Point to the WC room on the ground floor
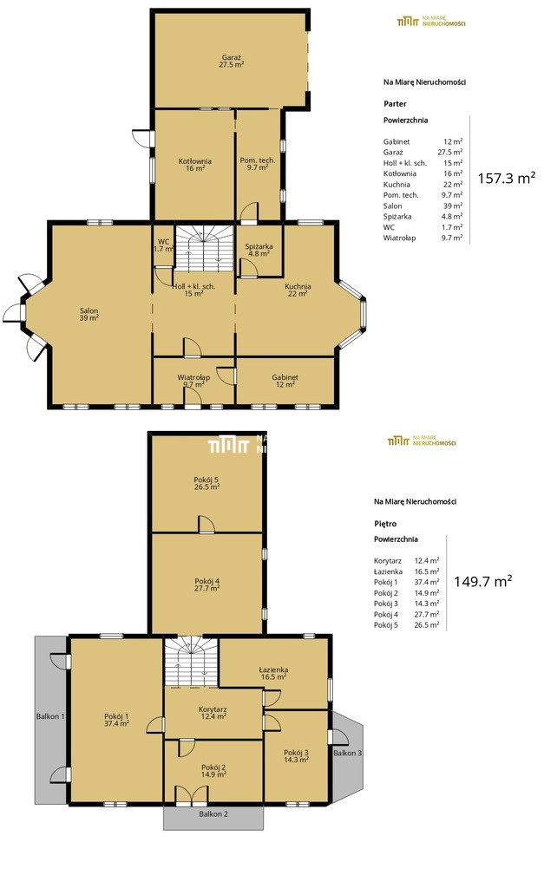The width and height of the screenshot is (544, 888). click(163, 245)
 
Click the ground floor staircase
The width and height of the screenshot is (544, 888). click(203, 248)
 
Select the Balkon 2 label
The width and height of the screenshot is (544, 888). click(213, 813)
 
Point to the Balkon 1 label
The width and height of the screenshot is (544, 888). click(50, 716)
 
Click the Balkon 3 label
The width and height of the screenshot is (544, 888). click(347, 753)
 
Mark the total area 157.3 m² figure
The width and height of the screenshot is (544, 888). click(507, 178)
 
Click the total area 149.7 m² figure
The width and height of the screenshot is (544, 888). click(482, 581)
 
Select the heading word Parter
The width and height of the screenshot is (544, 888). click(395, 104)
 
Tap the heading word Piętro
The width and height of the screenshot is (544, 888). click(385, 524)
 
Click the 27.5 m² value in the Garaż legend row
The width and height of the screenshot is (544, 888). click(450, 153)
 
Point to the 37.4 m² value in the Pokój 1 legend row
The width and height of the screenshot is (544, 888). click(427, 582)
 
